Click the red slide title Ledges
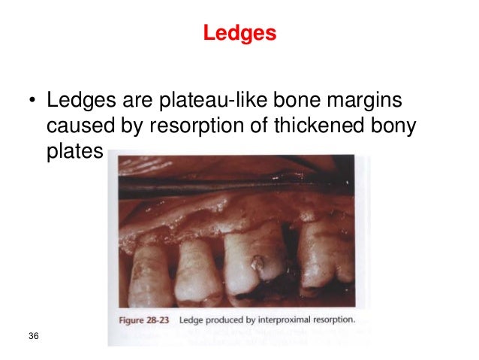(x=239, y=34)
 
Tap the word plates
(x=74, y=152)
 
